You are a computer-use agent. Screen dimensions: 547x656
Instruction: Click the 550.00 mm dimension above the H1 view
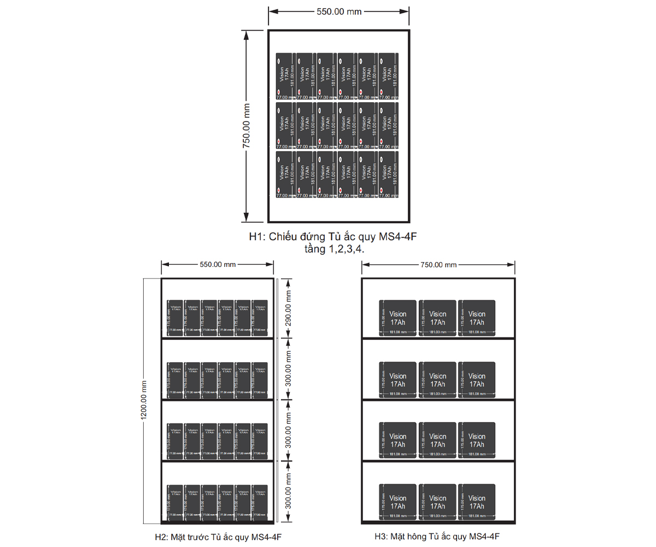tap(339, 11)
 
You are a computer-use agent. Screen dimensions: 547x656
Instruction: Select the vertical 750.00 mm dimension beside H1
tap(247, 126)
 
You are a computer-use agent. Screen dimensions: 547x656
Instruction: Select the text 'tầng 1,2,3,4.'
tap(335, 249)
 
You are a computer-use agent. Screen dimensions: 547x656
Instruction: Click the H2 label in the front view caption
tap(162, 537)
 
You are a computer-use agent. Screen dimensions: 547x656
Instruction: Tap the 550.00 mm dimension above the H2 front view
tap(218, 265)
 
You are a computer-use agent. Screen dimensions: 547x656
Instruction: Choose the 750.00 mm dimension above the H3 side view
tap(438, 265)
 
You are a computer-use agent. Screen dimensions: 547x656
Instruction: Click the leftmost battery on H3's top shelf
tap(398, 317)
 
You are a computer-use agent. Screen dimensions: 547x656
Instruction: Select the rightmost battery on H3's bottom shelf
tap(476, 502)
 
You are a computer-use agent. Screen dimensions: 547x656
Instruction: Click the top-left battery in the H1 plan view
tap(285, 76)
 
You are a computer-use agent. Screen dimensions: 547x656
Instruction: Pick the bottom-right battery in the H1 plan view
tap(388, 174)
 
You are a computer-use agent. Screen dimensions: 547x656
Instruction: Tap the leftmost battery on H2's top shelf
tap(175, 317)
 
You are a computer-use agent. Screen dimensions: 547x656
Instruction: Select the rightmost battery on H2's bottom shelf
tap(260, 502)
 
